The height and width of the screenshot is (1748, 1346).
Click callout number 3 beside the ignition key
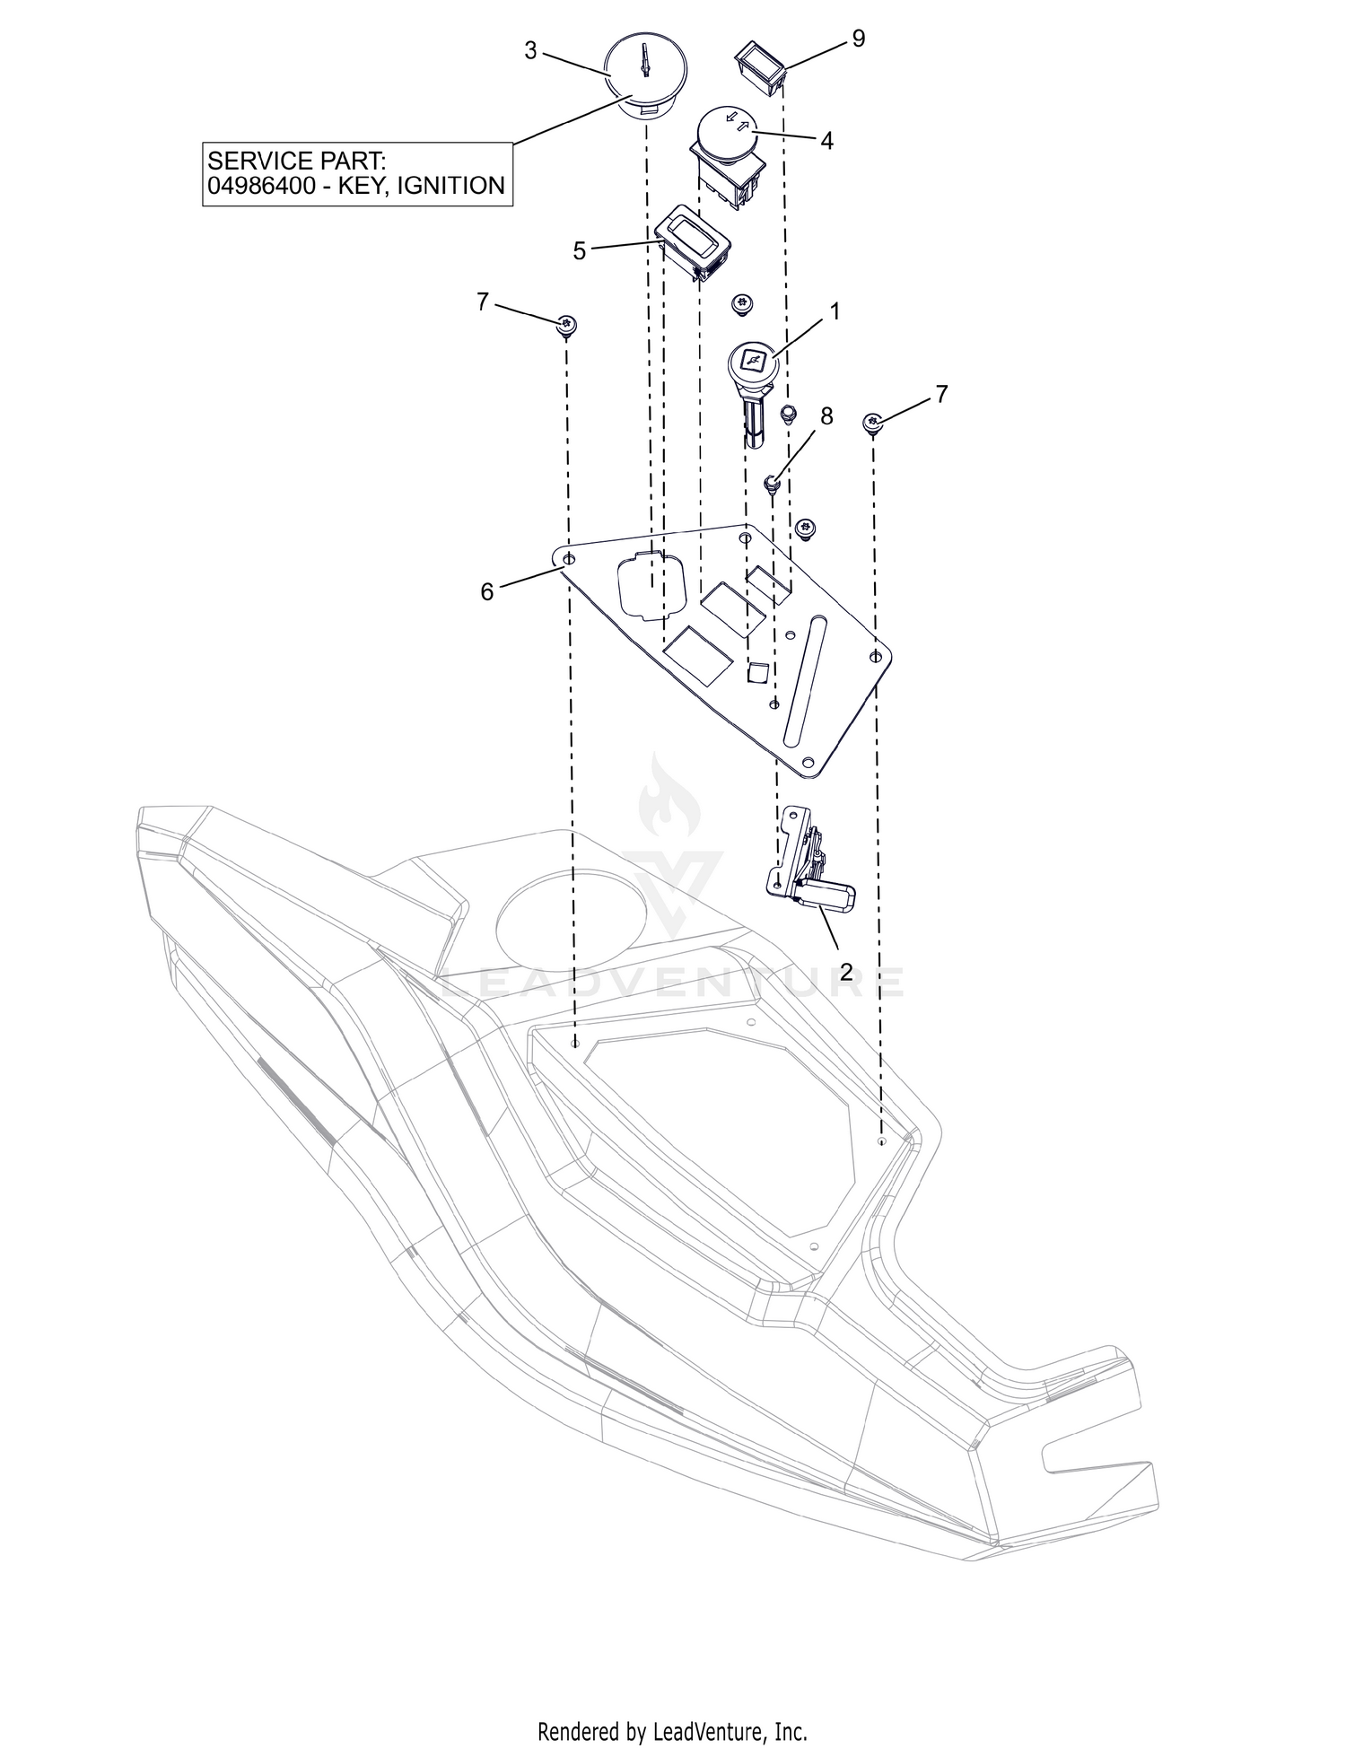coord(531,51)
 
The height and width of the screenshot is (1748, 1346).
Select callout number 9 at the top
coord(859,39)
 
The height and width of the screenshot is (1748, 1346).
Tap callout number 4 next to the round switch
coord(827,141)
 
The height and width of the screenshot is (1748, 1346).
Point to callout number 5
coord(580,251)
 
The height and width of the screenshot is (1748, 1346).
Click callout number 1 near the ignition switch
coord(835,311)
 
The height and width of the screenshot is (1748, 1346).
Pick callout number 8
coord(826,416)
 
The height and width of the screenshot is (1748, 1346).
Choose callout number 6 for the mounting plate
coord(487,592)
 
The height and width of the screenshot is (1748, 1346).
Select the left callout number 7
coord(483,302)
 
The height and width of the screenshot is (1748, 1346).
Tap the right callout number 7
coord(941,394)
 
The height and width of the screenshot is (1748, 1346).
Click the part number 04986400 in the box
coord(263,186)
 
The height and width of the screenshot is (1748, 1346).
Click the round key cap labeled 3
coord(644,75)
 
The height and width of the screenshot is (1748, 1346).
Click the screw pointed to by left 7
coord(566,326)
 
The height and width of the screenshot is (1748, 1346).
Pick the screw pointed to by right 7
coord(873,423)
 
